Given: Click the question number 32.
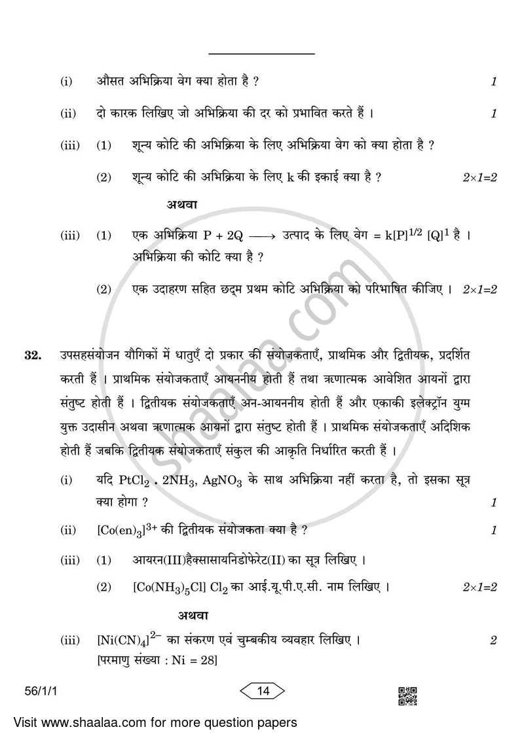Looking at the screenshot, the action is [x=33, y=356].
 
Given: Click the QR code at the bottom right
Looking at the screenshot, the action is [x=407, y=696].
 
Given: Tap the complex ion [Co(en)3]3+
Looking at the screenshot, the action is [x=123, y=530].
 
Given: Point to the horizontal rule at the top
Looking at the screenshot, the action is [x=261, y=54].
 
